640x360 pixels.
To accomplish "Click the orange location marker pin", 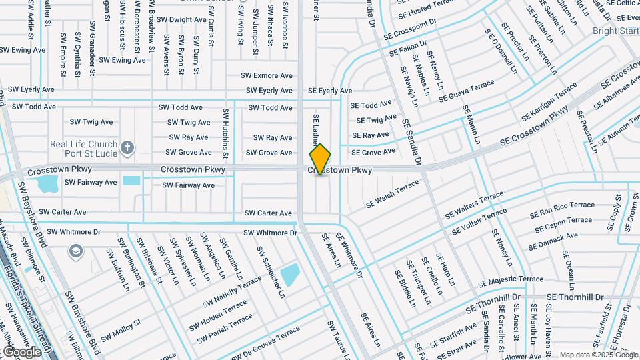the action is click(x=320, y=159).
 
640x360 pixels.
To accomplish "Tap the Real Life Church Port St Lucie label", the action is click(x=84, y=149).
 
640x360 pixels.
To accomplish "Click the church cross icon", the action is click(x=127, y=146).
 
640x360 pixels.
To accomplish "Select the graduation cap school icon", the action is click(x=76, y=251).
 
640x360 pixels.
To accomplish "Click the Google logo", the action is click(x=22, y=351).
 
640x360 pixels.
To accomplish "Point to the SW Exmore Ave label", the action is click(x=269, y=76).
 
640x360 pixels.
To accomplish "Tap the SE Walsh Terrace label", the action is click(x=393, y=193).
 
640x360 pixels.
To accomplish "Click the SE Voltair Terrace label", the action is click(x=479, y=222).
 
